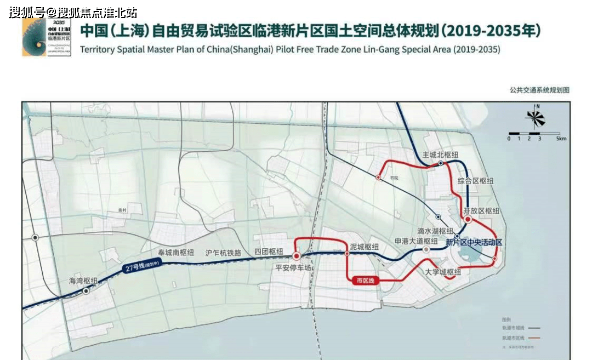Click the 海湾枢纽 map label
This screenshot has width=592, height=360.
click(83, 281)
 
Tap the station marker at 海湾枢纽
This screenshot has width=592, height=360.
click(86, 292)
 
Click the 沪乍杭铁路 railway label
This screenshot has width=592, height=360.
click(223, 253)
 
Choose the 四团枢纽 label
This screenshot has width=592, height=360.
click(269, 252)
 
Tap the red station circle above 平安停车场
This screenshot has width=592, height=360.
click(297, 255)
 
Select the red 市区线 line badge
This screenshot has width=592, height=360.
click(365, 281)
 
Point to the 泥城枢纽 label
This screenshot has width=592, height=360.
click(364, 247)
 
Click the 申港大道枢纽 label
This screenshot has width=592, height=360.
click(416, 241)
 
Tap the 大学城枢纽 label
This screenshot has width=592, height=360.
click(443, 272)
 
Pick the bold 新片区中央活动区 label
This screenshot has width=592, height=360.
click(474, 242)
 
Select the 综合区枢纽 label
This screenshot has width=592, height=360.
click(475, 181)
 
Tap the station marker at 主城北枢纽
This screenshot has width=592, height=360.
click(441, 163)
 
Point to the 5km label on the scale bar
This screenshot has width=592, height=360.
click(561, 139)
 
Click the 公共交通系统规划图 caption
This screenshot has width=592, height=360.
click(539, 90)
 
